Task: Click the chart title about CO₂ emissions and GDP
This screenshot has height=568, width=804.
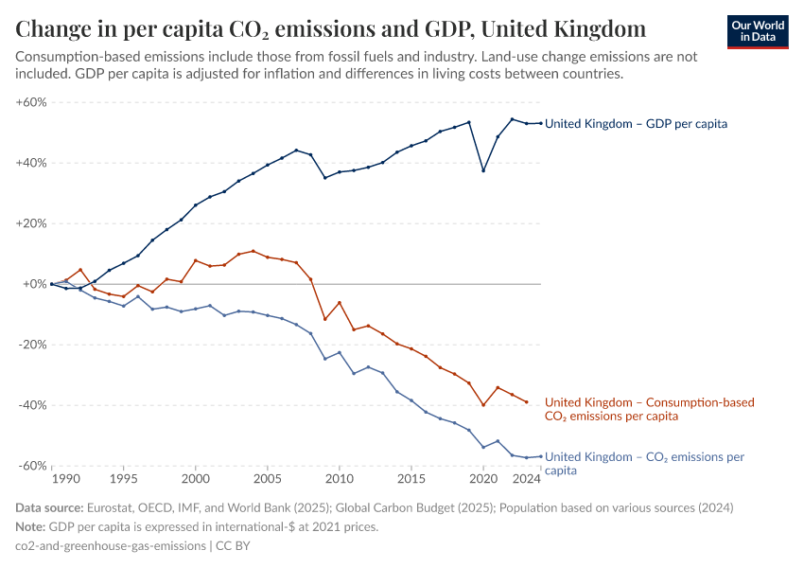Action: [x=331, y=27]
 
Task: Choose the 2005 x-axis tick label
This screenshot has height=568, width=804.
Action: [x=268, y=480]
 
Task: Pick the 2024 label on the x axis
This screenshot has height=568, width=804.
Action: [x=528, y=480]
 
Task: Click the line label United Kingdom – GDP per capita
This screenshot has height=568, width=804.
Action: [x=636, y=123]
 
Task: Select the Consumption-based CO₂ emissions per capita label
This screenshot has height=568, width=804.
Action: [x=649, y=409]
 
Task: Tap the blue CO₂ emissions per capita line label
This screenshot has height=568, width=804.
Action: [x=644, y=463]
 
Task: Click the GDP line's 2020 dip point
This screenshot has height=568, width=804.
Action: [x=483, y=170]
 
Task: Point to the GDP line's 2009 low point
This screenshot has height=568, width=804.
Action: [x=325, y=178]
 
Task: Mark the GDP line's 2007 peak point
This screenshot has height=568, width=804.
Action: [x=296, y=151]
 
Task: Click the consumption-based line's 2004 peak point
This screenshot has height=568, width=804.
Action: [x=253, y=251]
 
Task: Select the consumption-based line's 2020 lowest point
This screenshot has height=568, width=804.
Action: [x=483, y=405]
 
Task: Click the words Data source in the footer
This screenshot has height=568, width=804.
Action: [x=49, y=507]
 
